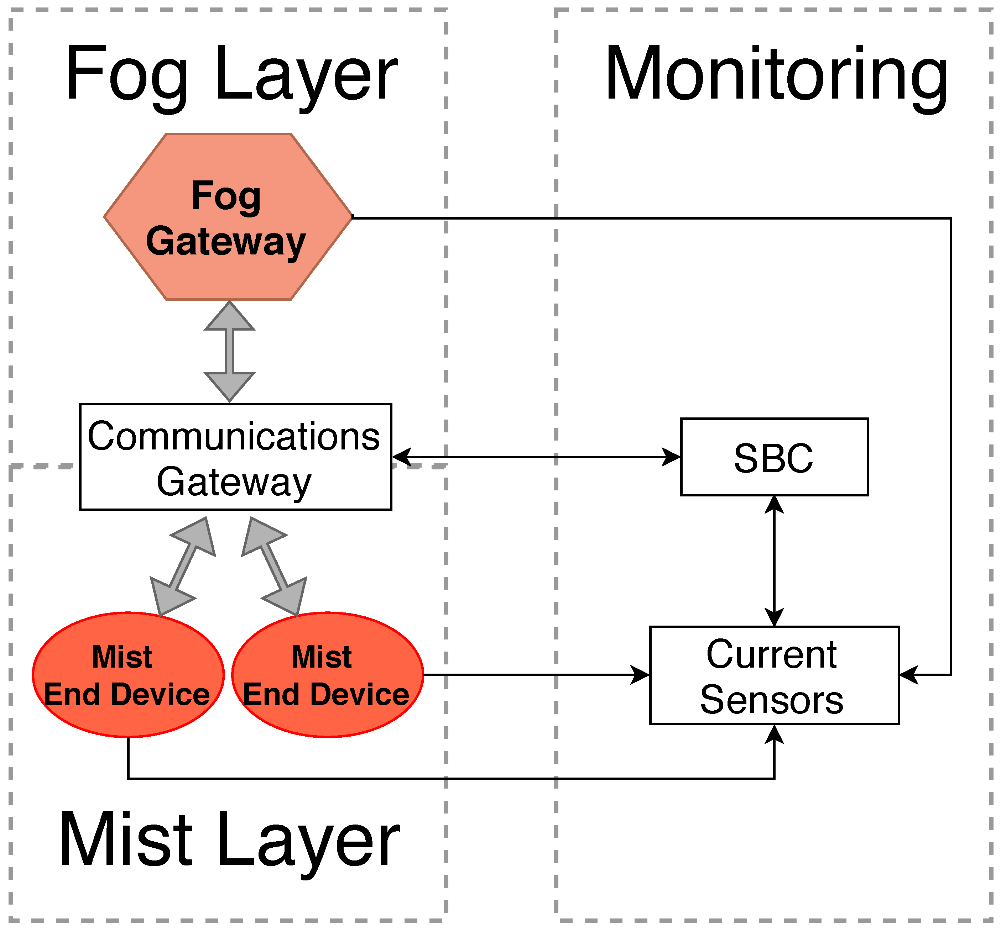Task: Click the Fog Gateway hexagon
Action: pyautogui.click(x=228, y=217)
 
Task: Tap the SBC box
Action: pyautogui.click(x=774, y=457)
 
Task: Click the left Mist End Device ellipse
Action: pyautogui.click(x=128, y=675)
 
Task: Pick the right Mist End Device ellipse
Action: pyautogui.click(x=327, y=675)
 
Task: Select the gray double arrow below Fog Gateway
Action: pyautogui.click(x=230, y=351)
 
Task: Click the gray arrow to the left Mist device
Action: pyautogui.click(x=183, y=566)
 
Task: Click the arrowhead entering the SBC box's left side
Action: pyautogui.click(x=671, y=457)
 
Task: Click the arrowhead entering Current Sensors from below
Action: pyautogui.click(x=774, y=735)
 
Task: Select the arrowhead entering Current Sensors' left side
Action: pyautogui.click(x=641, y=675)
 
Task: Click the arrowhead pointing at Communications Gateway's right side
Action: pyautogui.click(x=402, y=457)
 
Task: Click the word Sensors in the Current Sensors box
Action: pyautogui.click(x=771, y=700)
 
